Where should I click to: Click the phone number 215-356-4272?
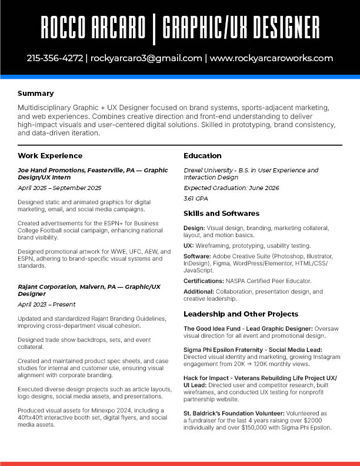coord(55,58)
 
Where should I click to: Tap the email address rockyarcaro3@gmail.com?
coord(146,58)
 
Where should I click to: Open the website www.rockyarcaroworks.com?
coord(271,58)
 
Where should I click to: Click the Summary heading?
coord(35,93)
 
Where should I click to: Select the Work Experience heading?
coord(50,156)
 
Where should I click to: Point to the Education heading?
coord(202,156)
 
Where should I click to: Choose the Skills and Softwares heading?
coord(221,213)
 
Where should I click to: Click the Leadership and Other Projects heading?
coord(241,314)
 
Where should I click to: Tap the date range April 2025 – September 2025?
coord(59,188)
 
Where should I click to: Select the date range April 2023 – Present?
coord(46,305)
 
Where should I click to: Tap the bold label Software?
coord(198,257)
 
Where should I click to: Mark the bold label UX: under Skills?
coord(189,245)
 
